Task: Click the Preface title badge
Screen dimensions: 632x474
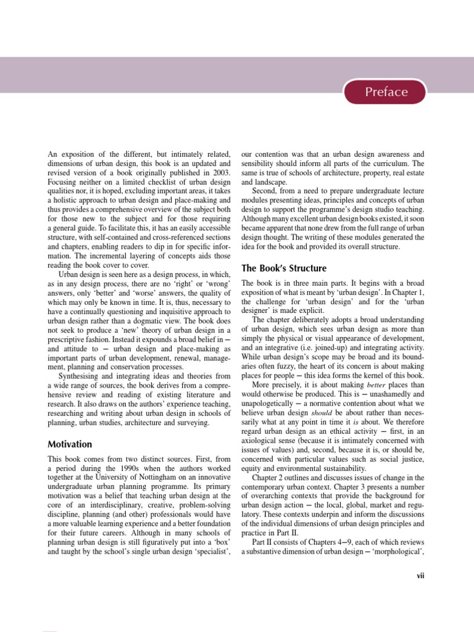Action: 386,92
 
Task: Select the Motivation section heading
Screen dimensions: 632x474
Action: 70,444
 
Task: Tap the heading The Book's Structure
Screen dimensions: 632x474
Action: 284,268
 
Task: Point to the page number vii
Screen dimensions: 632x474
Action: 422,576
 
